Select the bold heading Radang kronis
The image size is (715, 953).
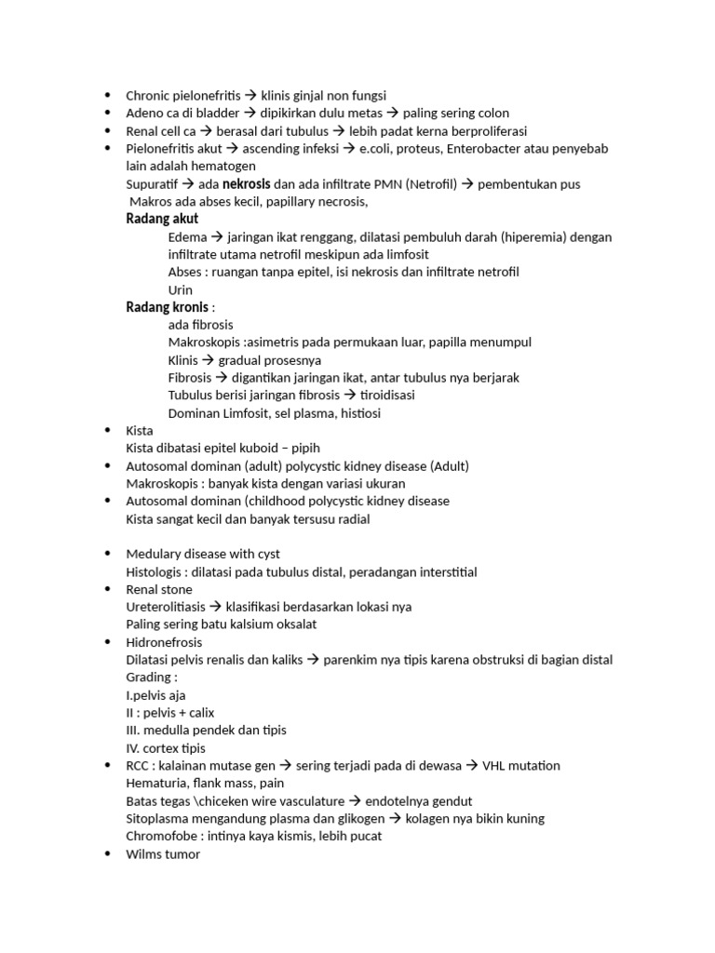167,307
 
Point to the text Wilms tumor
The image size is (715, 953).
163,853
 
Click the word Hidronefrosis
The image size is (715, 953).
164,642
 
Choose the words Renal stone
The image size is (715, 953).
159,589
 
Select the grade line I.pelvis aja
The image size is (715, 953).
156,695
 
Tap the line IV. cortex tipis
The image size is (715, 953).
166,748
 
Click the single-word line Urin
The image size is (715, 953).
181,289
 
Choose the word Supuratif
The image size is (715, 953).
153,184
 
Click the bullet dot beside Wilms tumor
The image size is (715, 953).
107,854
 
